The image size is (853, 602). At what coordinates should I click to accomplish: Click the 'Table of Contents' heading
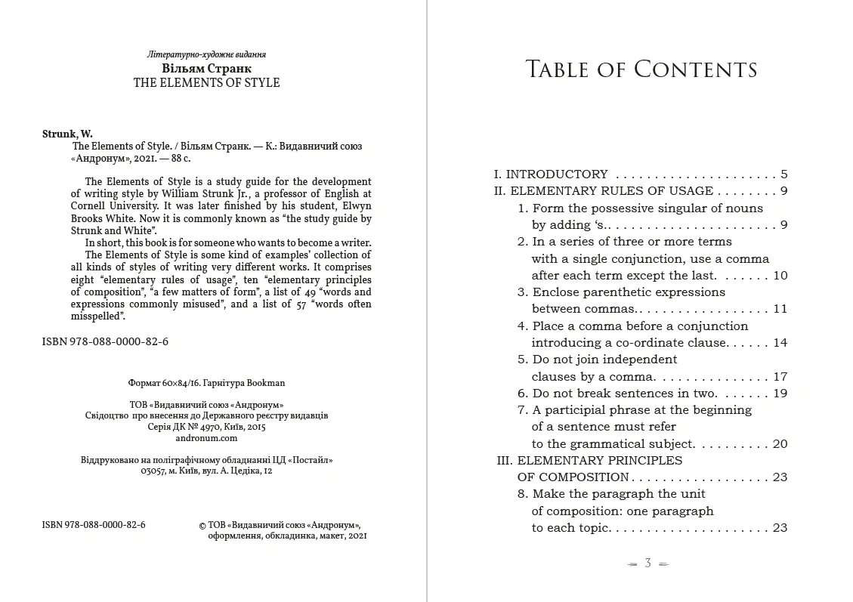[641, 69]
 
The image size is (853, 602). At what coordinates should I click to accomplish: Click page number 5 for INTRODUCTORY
[783, 174]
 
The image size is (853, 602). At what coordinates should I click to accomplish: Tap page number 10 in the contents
[780, 276]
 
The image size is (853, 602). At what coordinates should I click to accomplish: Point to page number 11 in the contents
[780, 309]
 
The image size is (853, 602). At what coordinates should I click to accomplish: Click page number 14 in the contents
[780, 343]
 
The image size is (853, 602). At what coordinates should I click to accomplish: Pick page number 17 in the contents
[780, 376]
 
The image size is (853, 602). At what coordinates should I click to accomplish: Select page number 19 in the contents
[780, 394]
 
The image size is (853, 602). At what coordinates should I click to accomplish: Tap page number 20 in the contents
[780, 444]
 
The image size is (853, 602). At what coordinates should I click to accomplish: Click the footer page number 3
[647, 563]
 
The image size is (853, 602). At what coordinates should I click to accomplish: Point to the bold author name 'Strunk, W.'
[67, 134]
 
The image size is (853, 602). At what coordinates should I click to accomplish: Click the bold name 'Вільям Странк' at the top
[206, 68]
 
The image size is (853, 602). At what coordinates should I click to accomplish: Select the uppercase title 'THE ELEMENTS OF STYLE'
[206, 83]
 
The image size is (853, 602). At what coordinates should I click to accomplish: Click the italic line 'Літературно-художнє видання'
[206, 54]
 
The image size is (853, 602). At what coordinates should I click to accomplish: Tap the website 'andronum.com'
[206, 438]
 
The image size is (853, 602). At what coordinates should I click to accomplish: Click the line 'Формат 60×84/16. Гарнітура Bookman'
[206, 383]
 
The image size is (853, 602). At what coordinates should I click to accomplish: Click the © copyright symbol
[202, 526]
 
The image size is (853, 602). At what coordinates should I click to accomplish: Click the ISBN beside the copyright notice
[94, 525]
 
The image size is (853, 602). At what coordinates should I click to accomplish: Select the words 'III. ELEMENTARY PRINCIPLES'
[589, 461]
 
